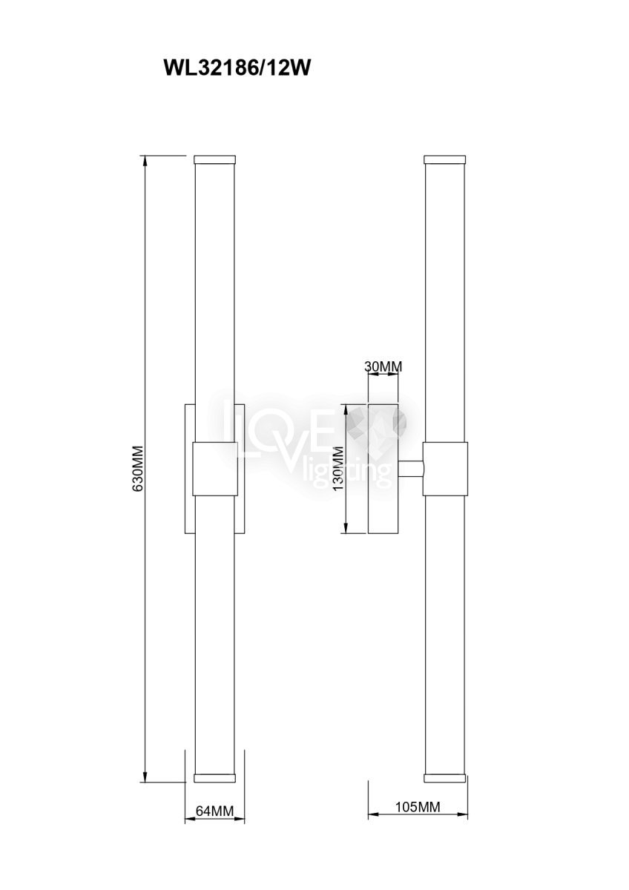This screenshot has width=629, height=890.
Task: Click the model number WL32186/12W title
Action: [x=237, y=69]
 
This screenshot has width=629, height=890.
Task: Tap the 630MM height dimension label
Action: [x=139, y=474]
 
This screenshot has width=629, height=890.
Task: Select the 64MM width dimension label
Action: [x=214, y=811]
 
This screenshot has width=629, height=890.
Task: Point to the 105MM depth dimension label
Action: [x=418, y=807]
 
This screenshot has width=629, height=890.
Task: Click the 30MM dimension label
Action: [x=383, y=366]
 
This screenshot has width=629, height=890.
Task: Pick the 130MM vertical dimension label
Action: [x=339, y=469]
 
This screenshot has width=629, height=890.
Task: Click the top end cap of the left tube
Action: [x=214, y=159]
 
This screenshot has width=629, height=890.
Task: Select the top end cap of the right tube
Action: [x=444, y=159]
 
